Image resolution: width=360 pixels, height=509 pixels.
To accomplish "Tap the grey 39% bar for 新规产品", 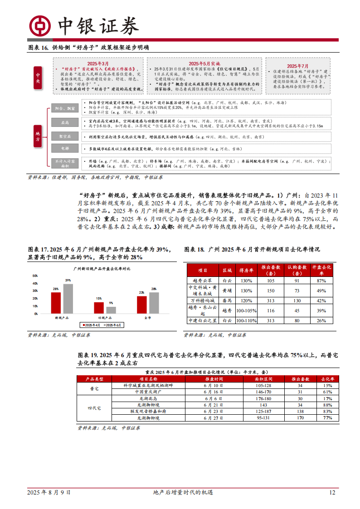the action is coord(68,299).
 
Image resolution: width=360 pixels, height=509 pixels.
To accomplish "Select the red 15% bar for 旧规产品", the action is coord(99,308).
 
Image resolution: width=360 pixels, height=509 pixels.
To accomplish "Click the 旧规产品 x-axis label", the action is coord(105,318).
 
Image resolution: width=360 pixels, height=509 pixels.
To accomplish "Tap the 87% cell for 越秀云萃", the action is coord(321,281).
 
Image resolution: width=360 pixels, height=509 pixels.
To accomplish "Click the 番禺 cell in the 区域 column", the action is coord(227,301).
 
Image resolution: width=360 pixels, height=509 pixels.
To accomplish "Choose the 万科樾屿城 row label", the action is coord(203,301).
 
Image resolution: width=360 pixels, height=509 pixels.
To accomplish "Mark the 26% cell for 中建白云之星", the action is coord(321,321).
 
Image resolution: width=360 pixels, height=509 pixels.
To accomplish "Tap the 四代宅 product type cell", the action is coord(95,408).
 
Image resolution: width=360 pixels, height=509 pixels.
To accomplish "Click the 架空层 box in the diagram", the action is coord(63,136).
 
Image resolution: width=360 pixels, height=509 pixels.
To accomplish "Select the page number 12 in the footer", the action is coord(332,493).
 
